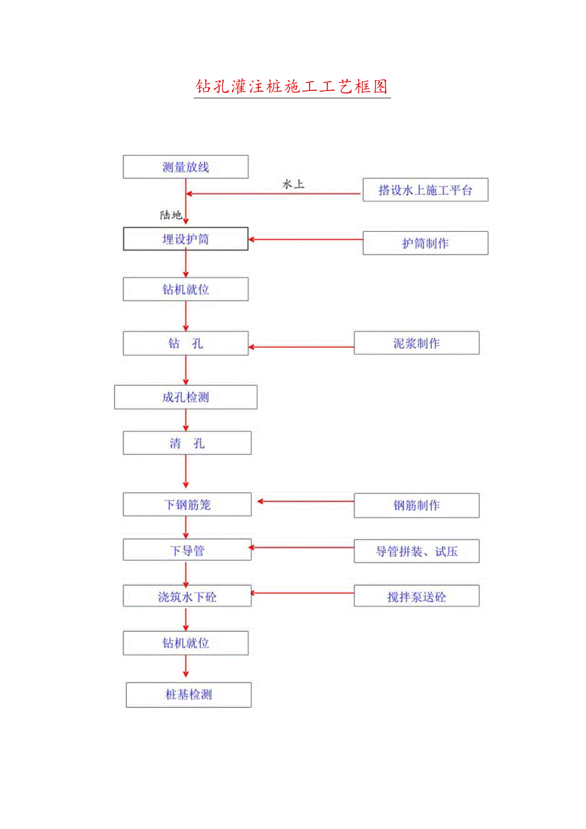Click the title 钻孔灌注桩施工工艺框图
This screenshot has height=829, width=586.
tap(292, 87)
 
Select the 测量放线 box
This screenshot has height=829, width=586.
tap(185, 168)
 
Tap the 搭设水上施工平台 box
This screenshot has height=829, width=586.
tap(425, 190)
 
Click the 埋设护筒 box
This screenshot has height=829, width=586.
tap(185, 240)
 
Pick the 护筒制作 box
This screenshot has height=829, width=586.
tap(425, 243)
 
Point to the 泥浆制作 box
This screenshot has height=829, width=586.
tap(416, 343)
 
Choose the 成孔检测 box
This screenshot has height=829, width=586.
tap(185, 397)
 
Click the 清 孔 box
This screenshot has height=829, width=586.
tap(187, 443)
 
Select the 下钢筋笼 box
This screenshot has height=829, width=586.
tap(187, 505)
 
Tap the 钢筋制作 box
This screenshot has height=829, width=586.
tap(416, 505)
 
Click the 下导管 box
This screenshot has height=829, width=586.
tap(187, 550)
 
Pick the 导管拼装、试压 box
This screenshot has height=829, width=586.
tap(416, 551)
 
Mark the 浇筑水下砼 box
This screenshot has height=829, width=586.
tap(187, 596)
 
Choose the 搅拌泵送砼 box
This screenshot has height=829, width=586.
tap(416, 596)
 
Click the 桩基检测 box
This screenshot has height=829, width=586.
tap(188, 695)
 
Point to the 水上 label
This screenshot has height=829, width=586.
tap(293, 184)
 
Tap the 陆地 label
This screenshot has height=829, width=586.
tap(171, 215)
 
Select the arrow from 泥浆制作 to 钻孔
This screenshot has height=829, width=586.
tap(301, 347)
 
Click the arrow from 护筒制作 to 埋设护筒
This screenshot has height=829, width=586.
tap(305, 240)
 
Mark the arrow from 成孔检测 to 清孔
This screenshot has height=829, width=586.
tap(186, 420)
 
